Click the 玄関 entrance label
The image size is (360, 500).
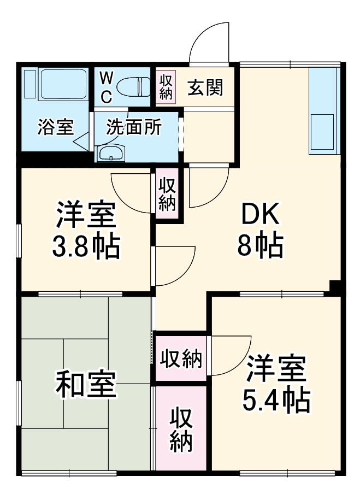tap(206, 87)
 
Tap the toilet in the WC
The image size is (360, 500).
tap(134, 86)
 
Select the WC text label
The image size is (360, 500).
tap(106, 87)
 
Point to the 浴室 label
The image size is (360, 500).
tap(55, 127)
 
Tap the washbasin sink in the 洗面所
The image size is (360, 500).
tap(111, 154)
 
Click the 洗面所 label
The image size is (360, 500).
tap(134, 127)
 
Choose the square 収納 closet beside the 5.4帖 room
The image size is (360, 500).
tap(181, 359)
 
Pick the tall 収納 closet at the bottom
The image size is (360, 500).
tap(181, 429)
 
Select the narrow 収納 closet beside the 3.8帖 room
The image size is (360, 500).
tap(167, 195)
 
